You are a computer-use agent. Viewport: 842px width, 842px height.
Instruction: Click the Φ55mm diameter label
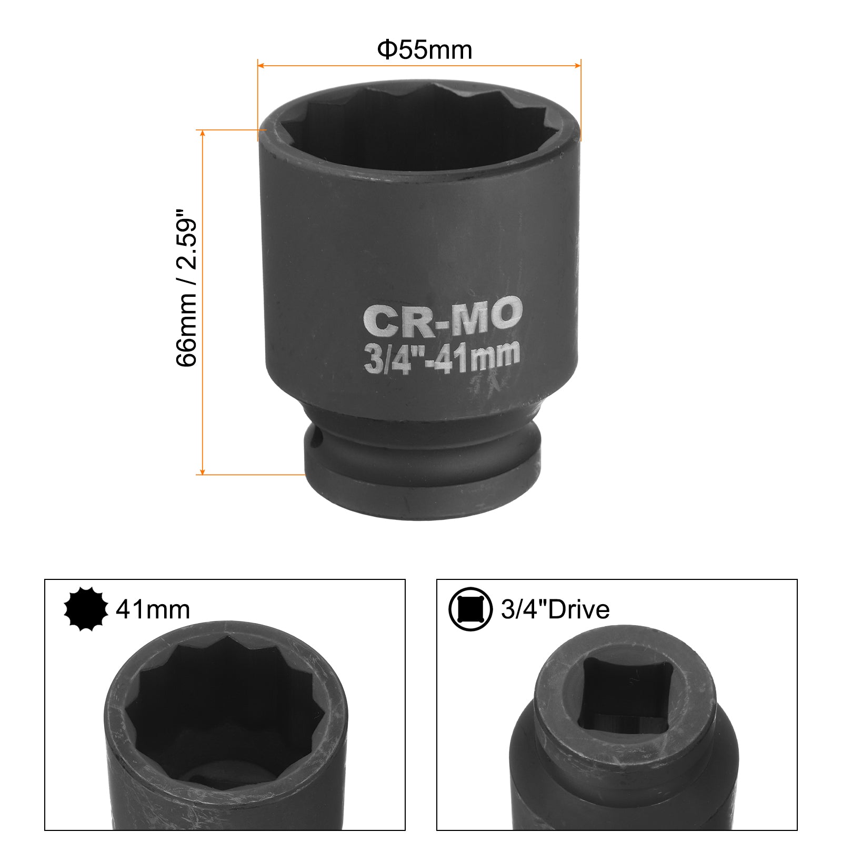click(425, 50)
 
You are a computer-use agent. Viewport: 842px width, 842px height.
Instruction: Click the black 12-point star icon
click(86, 609)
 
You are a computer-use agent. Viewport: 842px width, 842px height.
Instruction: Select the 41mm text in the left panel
click(153, 609)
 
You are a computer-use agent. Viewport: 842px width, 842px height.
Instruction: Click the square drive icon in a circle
click(470, 609)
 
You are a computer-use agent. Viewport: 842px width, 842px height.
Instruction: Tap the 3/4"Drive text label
click(555, 609)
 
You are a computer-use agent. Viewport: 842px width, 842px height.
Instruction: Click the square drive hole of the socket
click(626, 695)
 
